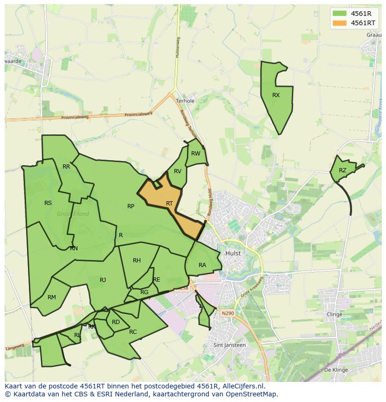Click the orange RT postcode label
(x=169, y=204)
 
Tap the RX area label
(x=276, y=95)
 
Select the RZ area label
(x=343, y=170)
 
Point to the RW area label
(x=196, y=154)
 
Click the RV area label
(x=178, y=171)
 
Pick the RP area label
(x=131, y=206)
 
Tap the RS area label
(x=48, y=203)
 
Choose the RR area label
(x=66, y=167)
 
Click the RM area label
(x=52, y=297)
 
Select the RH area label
(x=137, y=261)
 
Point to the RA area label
(x=202, y=265)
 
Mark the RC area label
(x=133, y=332)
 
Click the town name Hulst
(x=233, y=253)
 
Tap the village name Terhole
(x=185, y=101)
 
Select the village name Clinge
(x=334, y=314)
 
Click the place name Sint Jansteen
(x=229, y=345)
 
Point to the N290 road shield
(x=227, y=313)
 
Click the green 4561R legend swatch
(x=339, y=14)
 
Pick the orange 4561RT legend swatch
(x=339, y=23)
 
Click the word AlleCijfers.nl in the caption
(x=242, y=386)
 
